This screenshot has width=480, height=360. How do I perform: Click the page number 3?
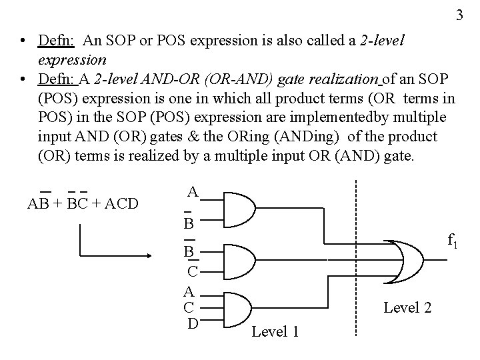(459, 15)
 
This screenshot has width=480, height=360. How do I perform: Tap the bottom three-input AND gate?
(237, 307)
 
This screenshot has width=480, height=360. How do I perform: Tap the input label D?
(193, 323)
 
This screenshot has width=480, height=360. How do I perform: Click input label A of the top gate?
(193, 192)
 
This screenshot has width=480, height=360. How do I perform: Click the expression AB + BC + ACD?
(83, 203)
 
